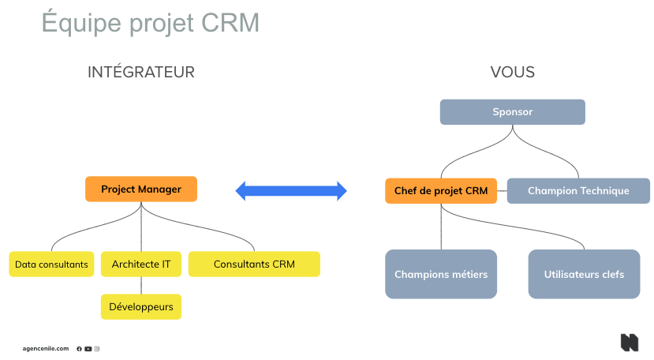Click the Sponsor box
(x=512, y=112)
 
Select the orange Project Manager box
(x=141, y=189)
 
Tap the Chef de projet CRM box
(x=441, y=191)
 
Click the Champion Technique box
(x=578, y=191)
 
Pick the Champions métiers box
(x=441, y=274)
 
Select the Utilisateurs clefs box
(x=584, y=274)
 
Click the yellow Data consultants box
(x=51, y=264)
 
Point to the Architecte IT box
(x=141, y=264)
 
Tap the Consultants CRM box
(x=254, y=264)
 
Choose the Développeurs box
(x=141, y=306)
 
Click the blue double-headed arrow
(x=291, y=190)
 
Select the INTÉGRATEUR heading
(x=141, y=73)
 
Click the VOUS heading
(x=512, y=73)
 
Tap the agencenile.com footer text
(x=46, y=348)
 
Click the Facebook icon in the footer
(x=80, y=348)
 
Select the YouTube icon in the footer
(x=88, y=348)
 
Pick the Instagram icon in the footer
(x=97, y=348)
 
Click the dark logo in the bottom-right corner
(x=629, y=343)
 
